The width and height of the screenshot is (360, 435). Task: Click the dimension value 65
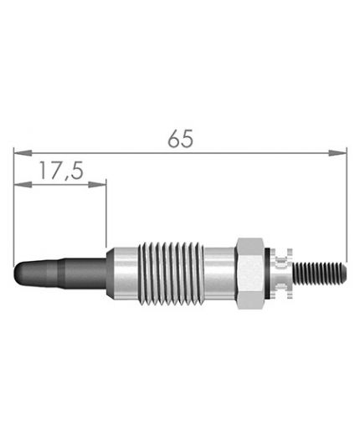(180, 139)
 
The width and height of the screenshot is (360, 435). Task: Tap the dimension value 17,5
(59, 171)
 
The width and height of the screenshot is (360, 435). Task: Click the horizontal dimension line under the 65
(251, 153)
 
